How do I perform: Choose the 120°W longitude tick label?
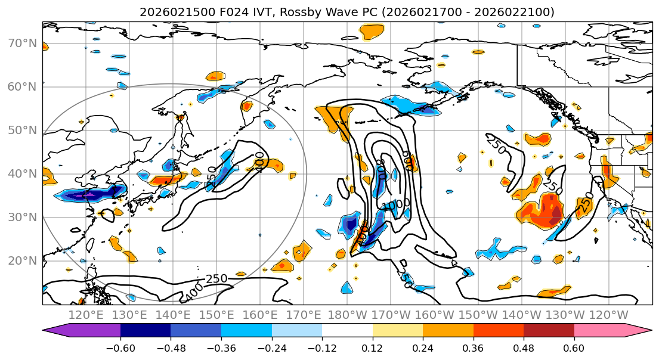pyautogui.click(x=608, y=315)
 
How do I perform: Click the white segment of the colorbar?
pyautogui.click(x=347, y=331)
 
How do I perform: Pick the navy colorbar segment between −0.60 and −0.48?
pyautogui.click(x=146, y=331)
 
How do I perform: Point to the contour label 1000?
pyautogui.click(x=396, y=204)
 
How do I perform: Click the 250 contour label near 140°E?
pyautogui.click(x=216, y=279)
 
